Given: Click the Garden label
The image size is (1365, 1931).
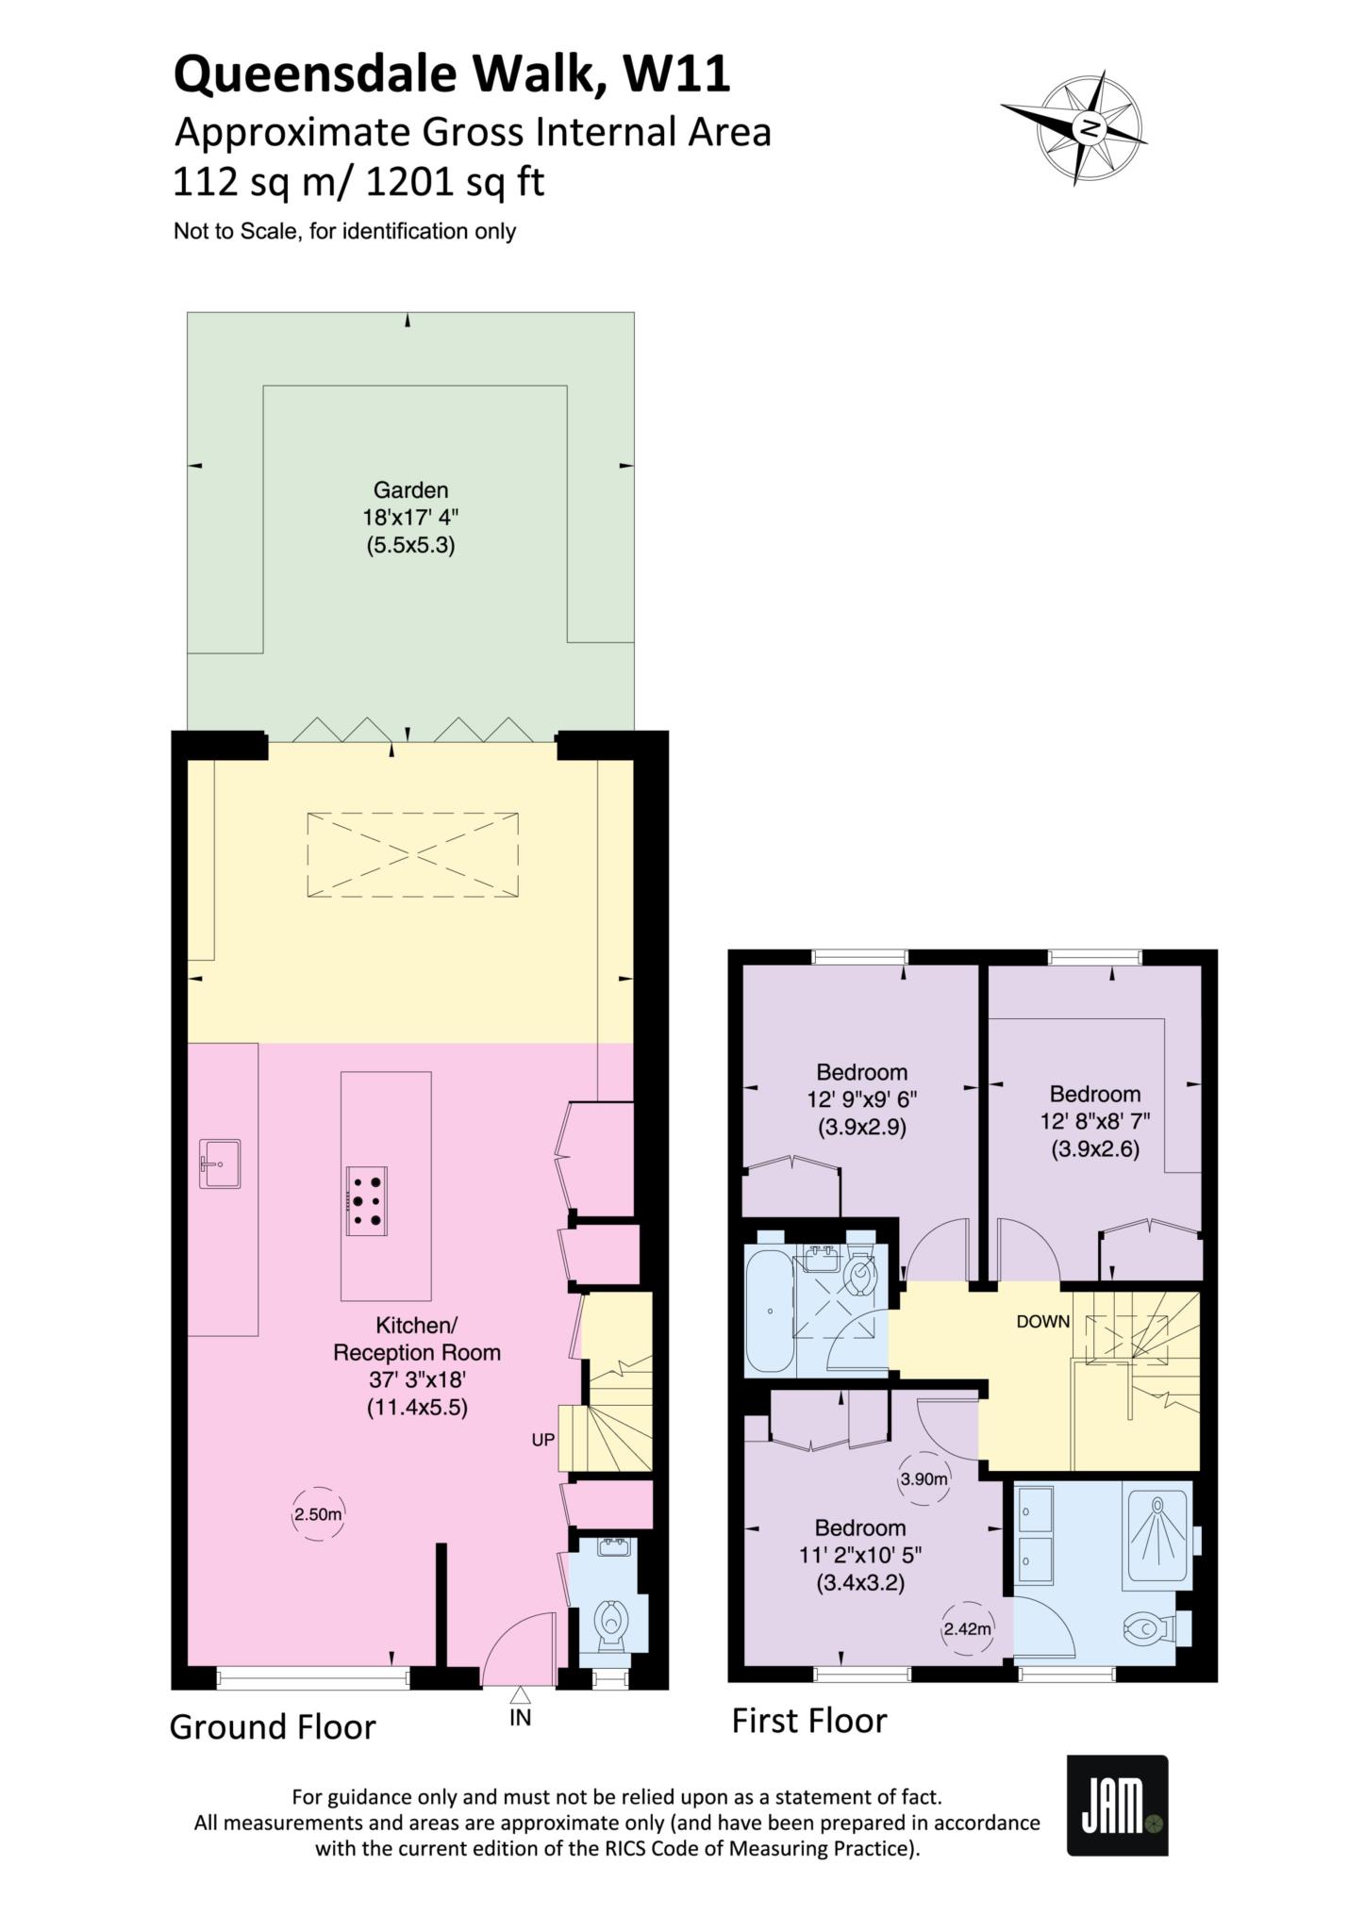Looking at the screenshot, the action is point(410,489).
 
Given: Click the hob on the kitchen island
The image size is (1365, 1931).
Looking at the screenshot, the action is point(368,1200).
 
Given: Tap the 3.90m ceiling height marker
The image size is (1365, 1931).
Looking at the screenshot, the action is point(924,1479).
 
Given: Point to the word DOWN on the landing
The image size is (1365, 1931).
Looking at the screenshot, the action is point(1043,1321).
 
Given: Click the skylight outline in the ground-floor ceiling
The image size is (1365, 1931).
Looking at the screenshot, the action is point(412,854).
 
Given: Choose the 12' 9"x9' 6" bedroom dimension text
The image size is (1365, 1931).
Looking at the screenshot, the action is point(862,1098).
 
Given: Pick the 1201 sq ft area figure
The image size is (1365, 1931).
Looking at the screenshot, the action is point(455,181).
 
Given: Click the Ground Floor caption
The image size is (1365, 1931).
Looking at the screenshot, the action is point(273,1727).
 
